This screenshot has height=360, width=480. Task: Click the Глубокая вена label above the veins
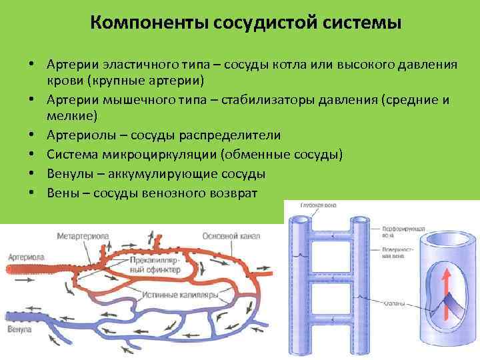point(318,205)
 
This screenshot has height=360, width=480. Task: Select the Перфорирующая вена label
point(397,230)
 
